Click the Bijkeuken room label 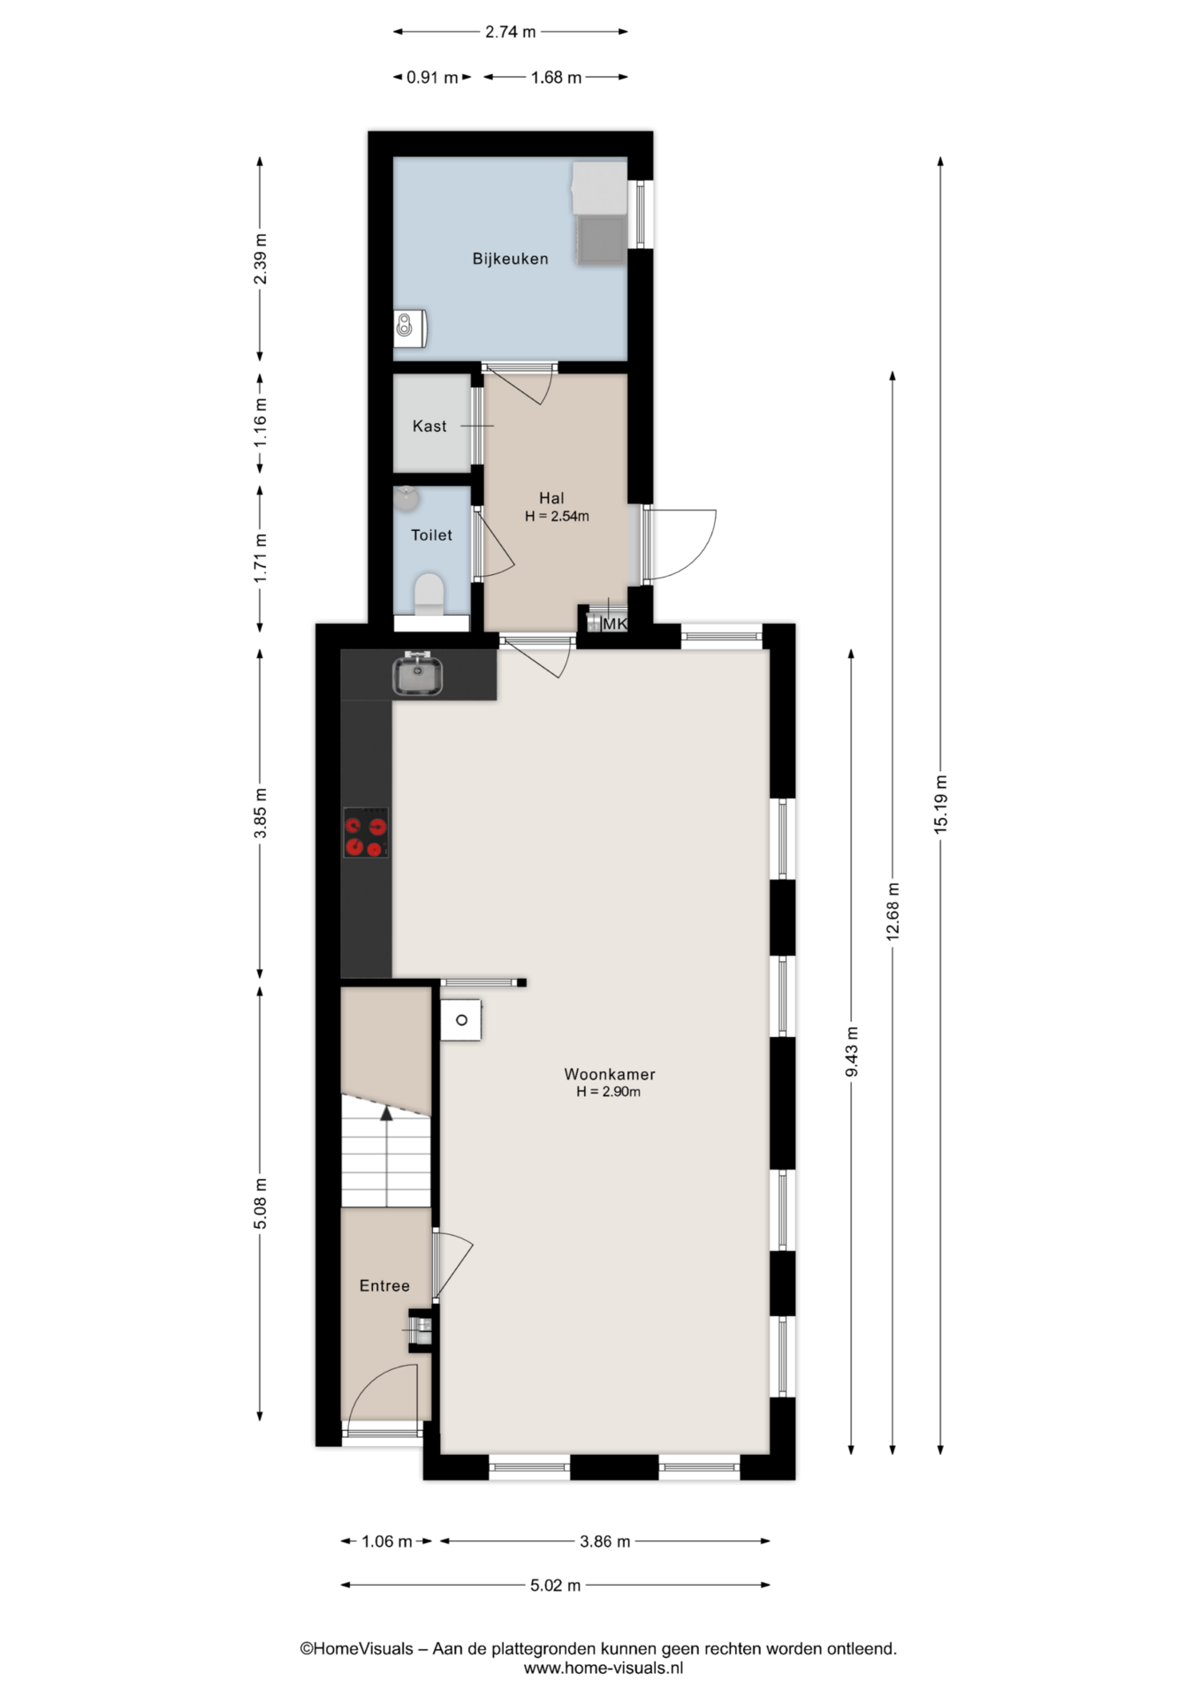tap(510, 259)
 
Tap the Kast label tap(429, 426)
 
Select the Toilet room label tap(431, 534)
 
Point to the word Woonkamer tap(610, 1074)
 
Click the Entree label tap(384, 1285)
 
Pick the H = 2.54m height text tap(557, 516)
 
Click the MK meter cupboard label tap(614, 624)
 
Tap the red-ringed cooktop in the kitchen tap(366, 832)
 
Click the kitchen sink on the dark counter tap(418, 674)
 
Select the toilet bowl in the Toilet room tap(429, 594)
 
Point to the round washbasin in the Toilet tap(406, 499)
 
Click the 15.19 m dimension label tap(940, 803)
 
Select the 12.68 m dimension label tap(892, 912)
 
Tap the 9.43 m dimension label tap(852, 1051)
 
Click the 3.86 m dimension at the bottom tap(605, 1541)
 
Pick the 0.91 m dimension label tap(432, 77)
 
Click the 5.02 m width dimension tap(555, 1585)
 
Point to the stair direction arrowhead tap(386, 1112)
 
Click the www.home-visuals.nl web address tap(604, 1668)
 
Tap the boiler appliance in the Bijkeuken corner tap(410, 328)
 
